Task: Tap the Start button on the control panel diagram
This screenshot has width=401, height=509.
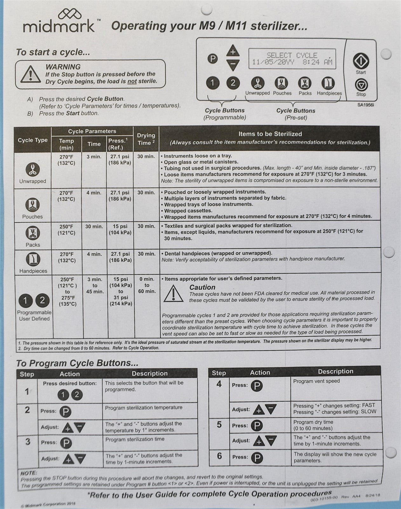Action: tap(361, 60)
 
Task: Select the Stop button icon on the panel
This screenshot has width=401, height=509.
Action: tap(361, 85)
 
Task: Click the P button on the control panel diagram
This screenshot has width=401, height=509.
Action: tap(213, 59)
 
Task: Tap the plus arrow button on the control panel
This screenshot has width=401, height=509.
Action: tap(233, 52)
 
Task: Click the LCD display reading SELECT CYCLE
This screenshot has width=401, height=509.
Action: tap(292, 59)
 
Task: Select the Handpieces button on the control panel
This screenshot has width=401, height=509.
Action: tap(329, 83)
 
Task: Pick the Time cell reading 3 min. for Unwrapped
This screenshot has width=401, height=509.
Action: tap(94, 157)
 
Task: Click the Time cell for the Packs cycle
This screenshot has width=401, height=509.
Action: tap(94, 227)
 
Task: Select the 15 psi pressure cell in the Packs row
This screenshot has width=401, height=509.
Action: tap(120, 229)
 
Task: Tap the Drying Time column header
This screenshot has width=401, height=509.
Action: tap(146, 139)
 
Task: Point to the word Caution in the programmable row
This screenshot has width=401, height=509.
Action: tap(202, 287)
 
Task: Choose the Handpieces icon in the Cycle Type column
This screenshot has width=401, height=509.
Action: tap(33, 260)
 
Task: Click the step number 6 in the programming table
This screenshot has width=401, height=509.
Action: tap(219, 456)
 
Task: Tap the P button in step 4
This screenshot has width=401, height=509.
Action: tap(257, 386)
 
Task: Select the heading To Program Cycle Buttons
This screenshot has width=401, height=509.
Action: tap(78, 363)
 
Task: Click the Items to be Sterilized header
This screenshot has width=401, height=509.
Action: tap(270, 134)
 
